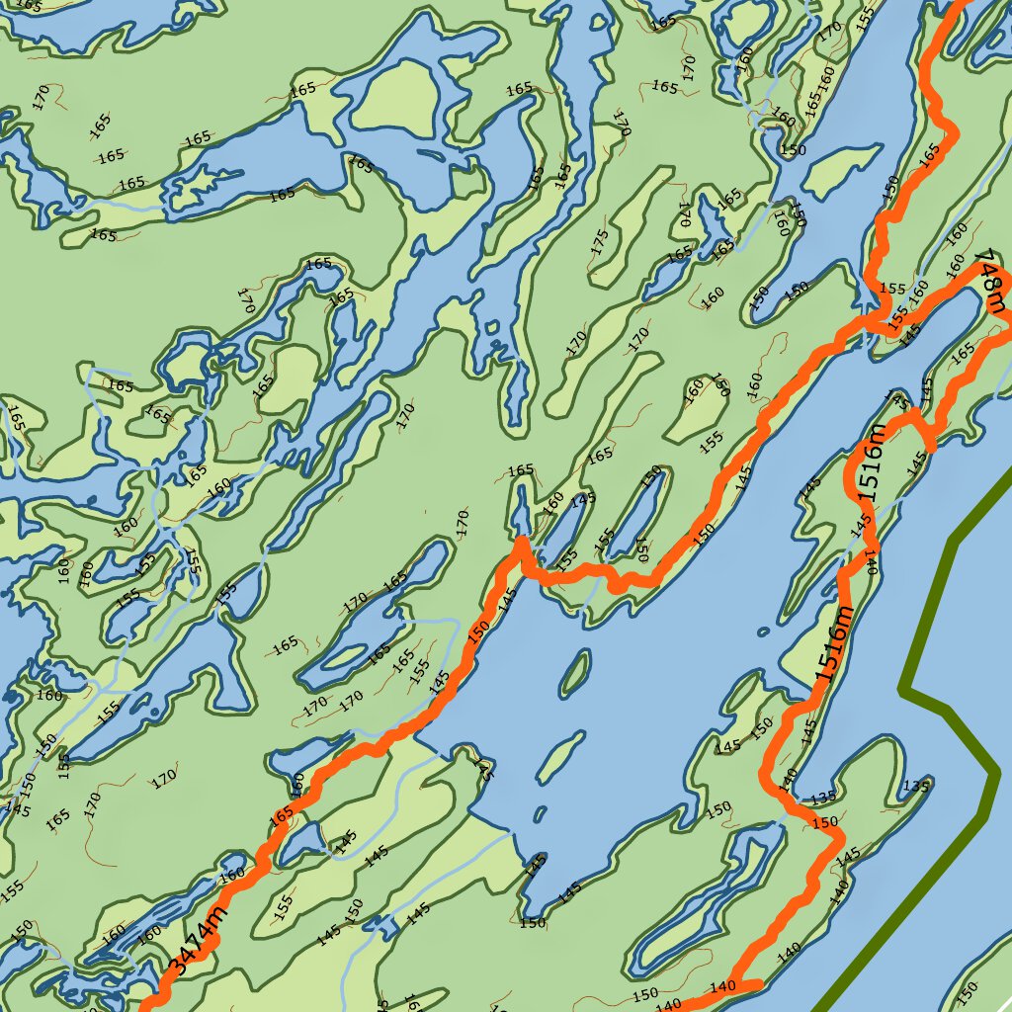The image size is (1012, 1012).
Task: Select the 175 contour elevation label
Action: [599, 243]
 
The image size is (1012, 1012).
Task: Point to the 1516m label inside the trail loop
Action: [871, 471]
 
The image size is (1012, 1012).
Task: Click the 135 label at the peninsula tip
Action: [916, 787]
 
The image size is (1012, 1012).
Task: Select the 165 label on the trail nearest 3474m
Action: [282, 815]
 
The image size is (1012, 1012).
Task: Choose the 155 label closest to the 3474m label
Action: [284, 902]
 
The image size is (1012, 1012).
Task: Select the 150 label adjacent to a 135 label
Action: [823, 822]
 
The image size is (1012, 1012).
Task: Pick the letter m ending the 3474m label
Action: [216, 910]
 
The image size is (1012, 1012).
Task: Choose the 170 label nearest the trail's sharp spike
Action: [462, 523]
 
